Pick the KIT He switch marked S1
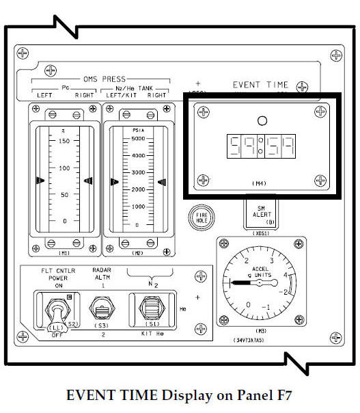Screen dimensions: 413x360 point(154,308)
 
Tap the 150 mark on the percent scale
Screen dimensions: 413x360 point(64,141)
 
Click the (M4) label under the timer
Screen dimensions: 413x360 point(258,184)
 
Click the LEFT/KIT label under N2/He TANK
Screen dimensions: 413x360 point(121,95)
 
